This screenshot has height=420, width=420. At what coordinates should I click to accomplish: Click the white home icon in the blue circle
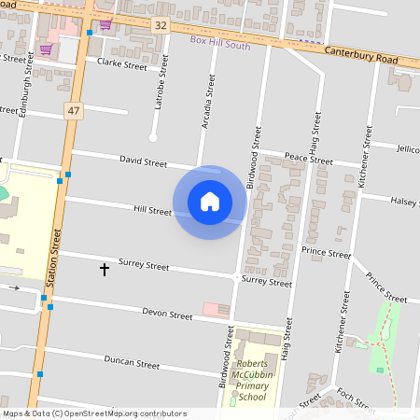click(x=210, y=201)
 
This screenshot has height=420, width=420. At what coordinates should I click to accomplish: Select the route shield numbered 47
click(x=72, y=110)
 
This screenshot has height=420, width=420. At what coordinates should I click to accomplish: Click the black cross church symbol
click(x=104, y=270)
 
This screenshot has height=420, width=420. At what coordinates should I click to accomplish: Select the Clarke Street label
click(x=122, y=66)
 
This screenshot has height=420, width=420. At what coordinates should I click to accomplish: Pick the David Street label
click(x=143, y=162)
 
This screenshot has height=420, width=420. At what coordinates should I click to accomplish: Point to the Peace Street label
click(x=309, y=161)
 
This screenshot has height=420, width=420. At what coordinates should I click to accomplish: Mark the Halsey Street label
click(x=405, y=201)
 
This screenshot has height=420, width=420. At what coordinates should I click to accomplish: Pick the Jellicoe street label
click(x=407, y=148)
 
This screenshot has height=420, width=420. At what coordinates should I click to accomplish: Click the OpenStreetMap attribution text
click(x=94, y=413)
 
